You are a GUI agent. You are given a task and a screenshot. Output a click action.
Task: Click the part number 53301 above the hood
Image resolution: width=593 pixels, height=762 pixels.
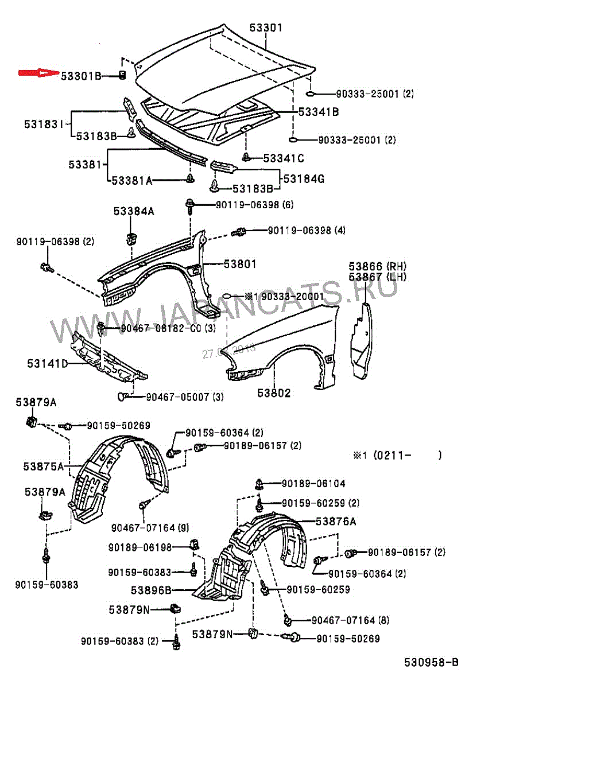click(x=266, y=28)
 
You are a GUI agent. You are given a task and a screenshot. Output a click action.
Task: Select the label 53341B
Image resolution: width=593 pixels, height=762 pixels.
click(x=319, y=112)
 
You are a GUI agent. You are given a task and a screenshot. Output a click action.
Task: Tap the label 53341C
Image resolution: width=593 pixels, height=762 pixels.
click(x=284, y=158)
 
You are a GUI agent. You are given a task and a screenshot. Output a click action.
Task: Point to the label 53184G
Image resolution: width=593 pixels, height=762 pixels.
click(x=304, y=179)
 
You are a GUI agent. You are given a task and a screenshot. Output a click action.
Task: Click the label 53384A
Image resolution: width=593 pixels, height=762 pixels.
click(x=134, y=211)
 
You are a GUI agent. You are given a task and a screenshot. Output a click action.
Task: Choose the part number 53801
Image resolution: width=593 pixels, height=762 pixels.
click(x=240, y=264)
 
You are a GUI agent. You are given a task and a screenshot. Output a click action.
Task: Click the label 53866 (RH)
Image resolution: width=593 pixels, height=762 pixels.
click(x=377, y=266)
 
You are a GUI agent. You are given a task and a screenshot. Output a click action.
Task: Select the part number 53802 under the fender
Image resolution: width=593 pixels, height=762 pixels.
click(x=274, y=393)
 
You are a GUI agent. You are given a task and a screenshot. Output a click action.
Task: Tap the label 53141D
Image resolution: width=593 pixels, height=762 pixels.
click(x=47, y=364)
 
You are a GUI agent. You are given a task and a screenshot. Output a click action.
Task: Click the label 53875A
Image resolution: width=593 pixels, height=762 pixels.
click(x=43, y=466)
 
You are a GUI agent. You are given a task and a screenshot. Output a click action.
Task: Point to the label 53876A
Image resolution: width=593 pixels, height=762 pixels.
click(x=336, y=522)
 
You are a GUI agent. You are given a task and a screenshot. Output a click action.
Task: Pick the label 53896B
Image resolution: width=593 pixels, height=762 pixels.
click(x=151, y=590)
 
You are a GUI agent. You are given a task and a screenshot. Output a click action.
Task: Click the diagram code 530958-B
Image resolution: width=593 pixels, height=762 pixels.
click(x=431, y=663)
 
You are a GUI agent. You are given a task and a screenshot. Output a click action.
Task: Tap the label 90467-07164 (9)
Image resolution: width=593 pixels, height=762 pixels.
click(x=150, y=528)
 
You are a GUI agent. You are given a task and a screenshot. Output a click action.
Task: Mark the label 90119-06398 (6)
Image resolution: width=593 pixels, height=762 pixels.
click(x=254, y=205)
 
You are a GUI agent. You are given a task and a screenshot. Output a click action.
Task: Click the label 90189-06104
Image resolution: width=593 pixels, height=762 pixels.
click(x=313, y=484)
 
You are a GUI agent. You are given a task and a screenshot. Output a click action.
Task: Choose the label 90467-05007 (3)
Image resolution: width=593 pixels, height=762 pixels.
click(x=185, y=397)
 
